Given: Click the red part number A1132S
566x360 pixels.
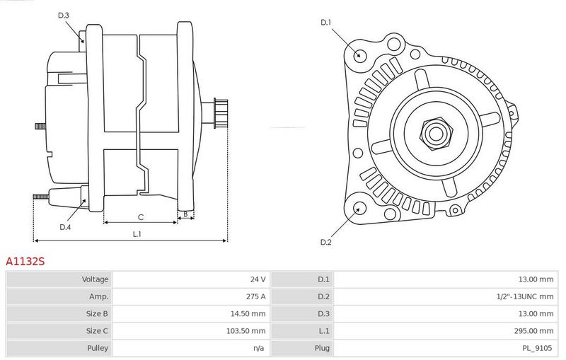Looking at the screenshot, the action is (25, 261).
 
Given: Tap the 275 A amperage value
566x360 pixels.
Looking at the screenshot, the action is (255, 296).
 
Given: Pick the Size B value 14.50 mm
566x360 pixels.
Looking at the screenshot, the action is (248, 314).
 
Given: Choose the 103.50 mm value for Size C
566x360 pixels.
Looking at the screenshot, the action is (246, 331).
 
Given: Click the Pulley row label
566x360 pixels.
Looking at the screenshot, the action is (98, 348).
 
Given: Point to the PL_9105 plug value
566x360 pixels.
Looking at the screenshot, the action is (537, 348).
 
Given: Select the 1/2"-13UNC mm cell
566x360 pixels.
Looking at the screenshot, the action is (525, 296).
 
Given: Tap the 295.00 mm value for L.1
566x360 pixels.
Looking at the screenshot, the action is (533, 331).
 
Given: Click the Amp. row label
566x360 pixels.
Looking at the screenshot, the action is (98, 296).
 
